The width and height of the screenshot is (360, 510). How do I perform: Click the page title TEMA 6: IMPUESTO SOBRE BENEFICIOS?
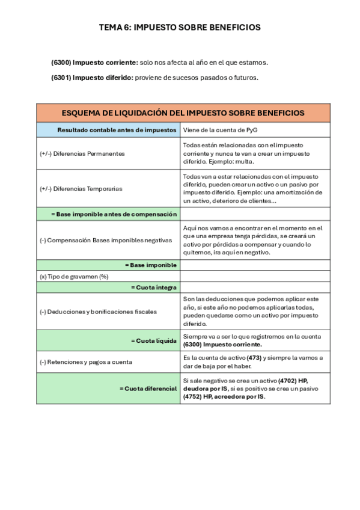tap(180, 27)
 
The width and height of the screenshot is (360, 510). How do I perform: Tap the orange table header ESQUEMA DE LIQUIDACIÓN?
tap(183, 113)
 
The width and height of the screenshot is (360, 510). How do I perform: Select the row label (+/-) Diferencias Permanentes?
tap(82, 153)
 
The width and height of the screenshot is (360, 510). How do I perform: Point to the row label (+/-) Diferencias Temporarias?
tap(81, 188)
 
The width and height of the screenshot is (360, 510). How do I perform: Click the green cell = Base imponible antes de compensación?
tap(114, 214)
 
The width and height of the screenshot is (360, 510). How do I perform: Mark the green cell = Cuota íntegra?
tap(154, 287)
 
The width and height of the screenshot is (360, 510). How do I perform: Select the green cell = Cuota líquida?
tap(154, 340)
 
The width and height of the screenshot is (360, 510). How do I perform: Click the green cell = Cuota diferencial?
tap(148, 388)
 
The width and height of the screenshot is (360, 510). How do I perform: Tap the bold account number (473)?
tap(254, 358)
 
